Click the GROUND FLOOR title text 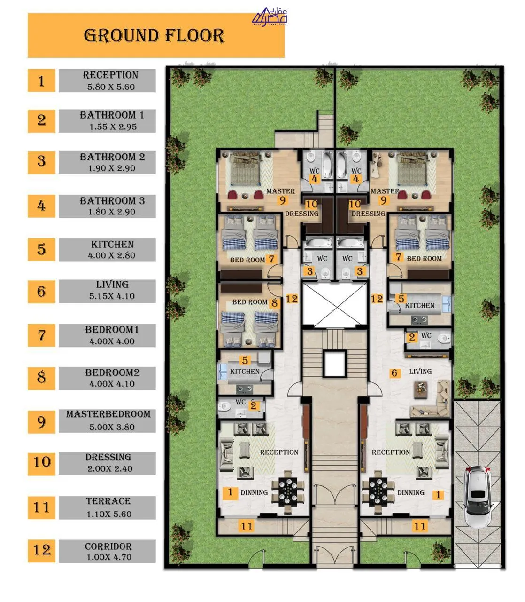pyautogui.click(x=154, y=36)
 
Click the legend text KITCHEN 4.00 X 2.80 pyautogui.click(x=112, y=250)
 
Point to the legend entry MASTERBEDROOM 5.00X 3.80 pyautogui.click(x=108, y=420)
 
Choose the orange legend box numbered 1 pyautogui.click(x=41, y=80)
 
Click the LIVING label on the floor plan pyautogui.click(x=420, y=372)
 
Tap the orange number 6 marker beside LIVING pyautogui.click(x=394, y=373)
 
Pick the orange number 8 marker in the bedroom pyautogui.click(x=274, y=302)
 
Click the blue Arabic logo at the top pyautogui.click(x=270, y=16)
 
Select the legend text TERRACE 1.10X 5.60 pyautogui.click(x=108, y=507)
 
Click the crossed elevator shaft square pyautogui.click(x=335, y=305)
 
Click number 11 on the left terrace pyautogui.click(x=247, y=526)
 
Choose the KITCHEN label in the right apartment pyautogui.click(x=419, y=305)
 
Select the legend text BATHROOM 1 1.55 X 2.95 pyautogui.click(x=112, y=121)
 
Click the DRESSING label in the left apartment pyautogui.click(x=302, y=214)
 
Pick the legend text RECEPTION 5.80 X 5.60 pyautogui.click(x=110, y=80)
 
